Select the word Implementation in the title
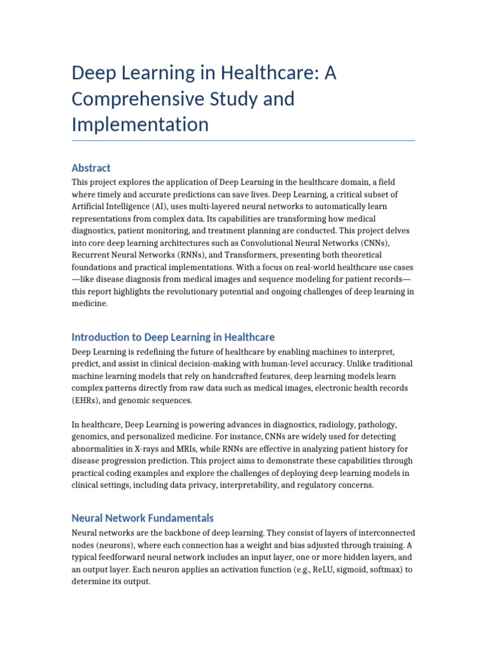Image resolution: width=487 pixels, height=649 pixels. (x=140, y=124)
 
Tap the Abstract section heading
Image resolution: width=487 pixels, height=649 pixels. (x=91, y=168)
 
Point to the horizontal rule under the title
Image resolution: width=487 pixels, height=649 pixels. (x=243, y=140)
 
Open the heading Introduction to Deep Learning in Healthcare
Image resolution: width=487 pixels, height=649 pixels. (x=173, y=337)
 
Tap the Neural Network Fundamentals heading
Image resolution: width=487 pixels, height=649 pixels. (x=143, y=518)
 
